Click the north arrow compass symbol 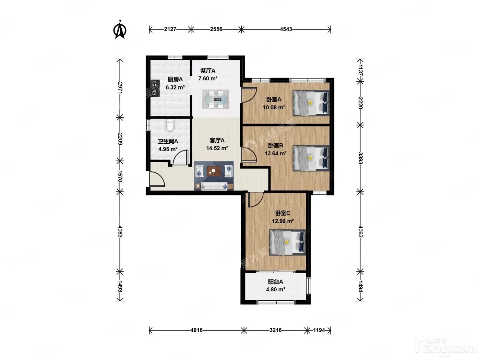point(120,29)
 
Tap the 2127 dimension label point(170,29)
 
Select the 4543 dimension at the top point(286,29)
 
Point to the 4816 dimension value point(196,330)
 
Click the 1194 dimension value point(319,330)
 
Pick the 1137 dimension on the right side point(360,70)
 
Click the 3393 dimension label point(360,158)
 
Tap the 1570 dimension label point(120,176)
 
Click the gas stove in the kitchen point(155,88)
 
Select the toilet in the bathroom point(170,125)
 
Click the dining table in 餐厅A point(216,99)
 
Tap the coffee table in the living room point(214,171)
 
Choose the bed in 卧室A point(311,103)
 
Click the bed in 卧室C point(287,242)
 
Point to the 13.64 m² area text point(276,154)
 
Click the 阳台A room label point(275,282)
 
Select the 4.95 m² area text point(168,149)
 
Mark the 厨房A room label point(175,79)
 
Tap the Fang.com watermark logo point(446,348)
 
